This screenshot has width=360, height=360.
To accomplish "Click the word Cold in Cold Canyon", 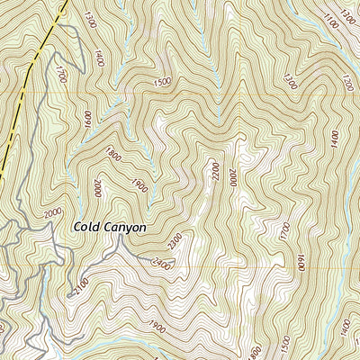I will (x=87, y=228).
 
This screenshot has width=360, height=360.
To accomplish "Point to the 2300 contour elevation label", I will (x=174, y=240).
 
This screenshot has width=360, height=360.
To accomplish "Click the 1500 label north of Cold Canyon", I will (x=163, y=82).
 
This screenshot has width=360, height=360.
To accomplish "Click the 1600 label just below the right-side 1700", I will (x=301, y=263).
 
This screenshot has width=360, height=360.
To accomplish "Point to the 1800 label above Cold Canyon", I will (x=113, y=154).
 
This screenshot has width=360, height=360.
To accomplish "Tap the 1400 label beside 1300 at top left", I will (x=98, y=60).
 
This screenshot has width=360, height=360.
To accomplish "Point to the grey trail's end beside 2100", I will (x=68, y=294).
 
